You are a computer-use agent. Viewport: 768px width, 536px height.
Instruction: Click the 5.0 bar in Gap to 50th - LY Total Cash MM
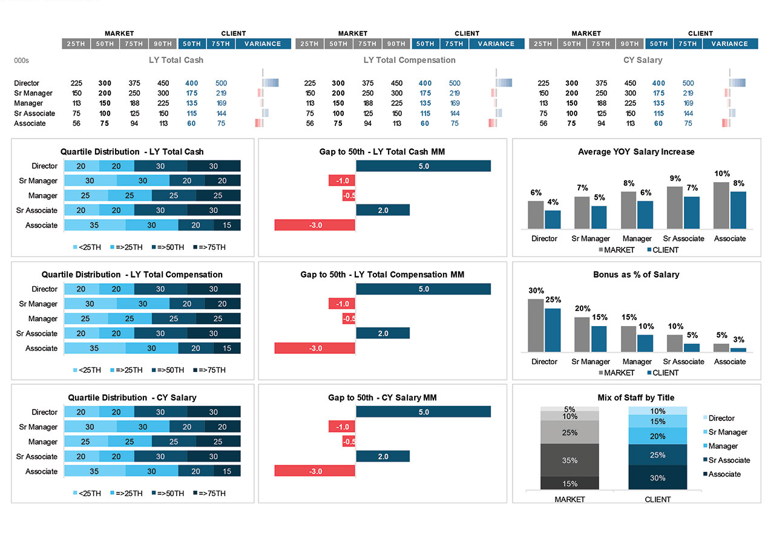tap(423, 166)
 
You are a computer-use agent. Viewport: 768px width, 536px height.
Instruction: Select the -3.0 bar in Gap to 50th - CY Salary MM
tap(315, 471)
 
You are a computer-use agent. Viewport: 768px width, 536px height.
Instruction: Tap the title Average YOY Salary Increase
tap(636, 152)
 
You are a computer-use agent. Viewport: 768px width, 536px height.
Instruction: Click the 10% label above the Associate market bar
tap(722, 173)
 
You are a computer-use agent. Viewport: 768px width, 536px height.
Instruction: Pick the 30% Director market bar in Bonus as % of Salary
tap(536, 325)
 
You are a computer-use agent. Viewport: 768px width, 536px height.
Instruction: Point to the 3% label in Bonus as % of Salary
tap(738, 339)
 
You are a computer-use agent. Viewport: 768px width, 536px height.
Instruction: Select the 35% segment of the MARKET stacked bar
tap(570, 460)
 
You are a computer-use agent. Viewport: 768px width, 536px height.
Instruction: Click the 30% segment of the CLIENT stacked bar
tap(657, 477)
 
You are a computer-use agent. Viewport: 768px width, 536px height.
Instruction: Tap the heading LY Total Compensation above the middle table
tap(409, 60)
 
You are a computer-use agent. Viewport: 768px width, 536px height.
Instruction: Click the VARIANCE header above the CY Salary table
tap(729, 44)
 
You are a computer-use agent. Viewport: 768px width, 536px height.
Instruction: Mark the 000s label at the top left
tap(21, 60)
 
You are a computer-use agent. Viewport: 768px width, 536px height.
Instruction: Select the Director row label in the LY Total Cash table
tap(27, 83)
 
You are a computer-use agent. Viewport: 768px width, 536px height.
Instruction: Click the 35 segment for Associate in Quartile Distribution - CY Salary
tap(94, 471)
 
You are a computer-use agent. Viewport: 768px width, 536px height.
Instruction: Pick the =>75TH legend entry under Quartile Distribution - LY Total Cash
tap(209, 247)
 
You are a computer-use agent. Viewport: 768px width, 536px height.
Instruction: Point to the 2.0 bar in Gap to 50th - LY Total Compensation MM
tap(382, 333)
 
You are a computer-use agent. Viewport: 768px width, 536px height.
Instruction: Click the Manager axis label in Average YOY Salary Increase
tap(637, 238)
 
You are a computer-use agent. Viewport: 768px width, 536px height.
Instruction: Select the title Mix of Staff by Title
tap(635, 397)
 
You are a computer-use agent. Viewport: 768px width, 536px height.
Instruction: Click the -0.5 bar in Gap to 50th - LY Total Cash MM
tap(349, 195)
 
